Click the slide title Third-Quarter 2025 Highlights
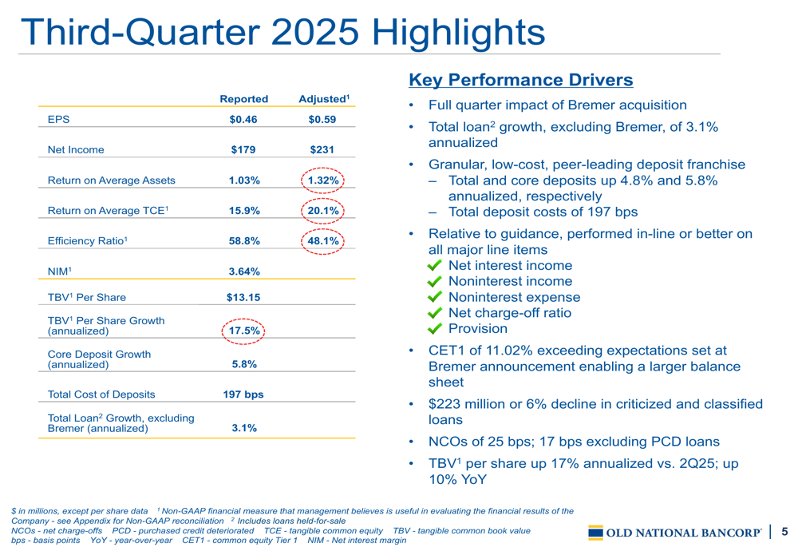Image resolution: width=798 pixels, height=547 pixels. tap(282, 32)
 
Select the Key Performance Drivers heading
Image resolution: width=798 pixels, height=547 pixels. tap(520, 80)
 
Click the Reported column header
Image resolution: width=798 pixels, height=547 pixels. tap(243, 99)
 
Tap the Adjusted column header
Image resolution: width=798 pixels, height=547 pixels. tap(323, 99)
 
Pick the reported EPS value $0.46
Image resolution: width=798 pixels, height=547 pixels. tap(243, 120)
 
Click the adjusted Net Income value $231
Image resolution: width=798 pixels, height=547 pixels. tap(322, 149)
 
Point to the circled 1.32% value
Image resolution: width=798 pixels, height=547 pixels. tap(323, 180)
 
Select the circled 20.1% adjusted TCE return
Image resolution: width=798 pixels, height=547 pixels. tap(323, 211)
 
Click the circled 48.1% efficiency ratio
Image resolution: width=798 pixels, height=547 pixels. tap(323, 240)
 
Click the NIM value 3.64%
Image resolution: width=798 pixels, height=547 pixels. tap(243, 272)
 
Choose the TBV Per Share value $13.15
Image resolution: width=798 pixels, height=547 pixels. tap(243, 298)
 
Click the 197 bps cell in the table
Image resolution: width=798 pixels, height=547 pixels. tap(243, 394)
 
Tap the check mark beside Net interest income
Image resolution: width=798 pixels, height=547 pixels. tap(435, 266)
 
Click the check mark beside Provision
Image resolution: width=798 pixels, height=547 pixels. tap(435, 329)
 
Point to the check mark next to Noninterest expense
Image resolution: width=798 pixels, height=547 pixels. tap(435, 297)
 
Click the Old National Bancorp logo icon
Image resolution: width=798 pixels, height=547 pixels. tap(596, 533)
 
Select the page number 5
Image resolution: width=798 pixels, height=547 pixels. tap(784, 532)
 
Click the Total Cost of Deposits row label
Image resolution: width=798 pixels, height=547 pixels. tap(101, 394)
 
